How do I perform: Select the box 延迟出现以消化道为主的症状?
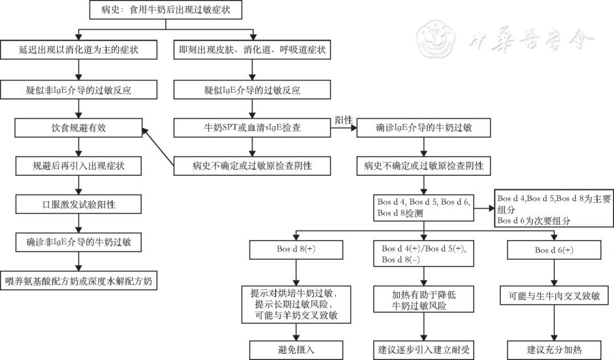tap(78, 50)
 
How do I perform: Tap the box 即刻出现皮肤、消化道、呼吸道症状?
tap(252, 50)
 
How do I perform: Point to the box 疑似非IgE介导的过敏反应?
tap(78, 89)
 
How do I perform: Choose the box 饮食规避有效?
tap(78, 128)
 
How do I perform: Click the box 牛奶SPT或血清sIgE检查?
tap(252, 128)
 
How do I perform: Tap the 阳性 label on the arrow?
tap(344, 121)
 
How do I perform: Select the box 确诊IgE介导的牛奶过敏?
tap(424, 128)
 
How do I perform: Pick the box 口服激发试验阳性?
tap(78, 204)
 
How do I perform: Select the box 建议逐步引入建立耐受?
tap(424, 349)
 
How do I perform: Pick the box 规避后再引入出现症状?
tap(78, 166)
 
